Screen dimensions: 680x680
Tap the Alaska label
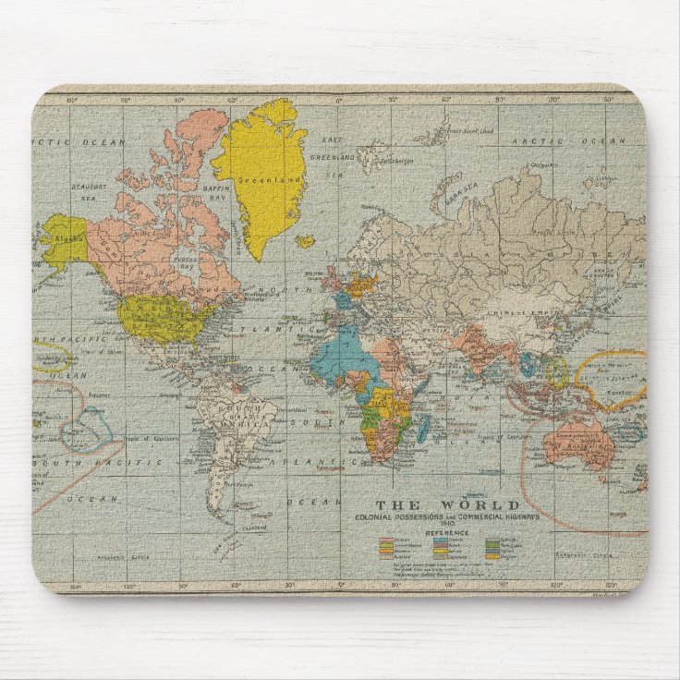[x=63, y=237]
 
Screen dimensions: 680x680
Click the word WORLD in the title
[x=479, y=504]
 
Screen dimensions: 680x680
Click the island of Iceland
[x=305, y=241]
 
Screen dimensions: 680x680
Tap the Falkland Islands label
[x=244, y=528]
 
